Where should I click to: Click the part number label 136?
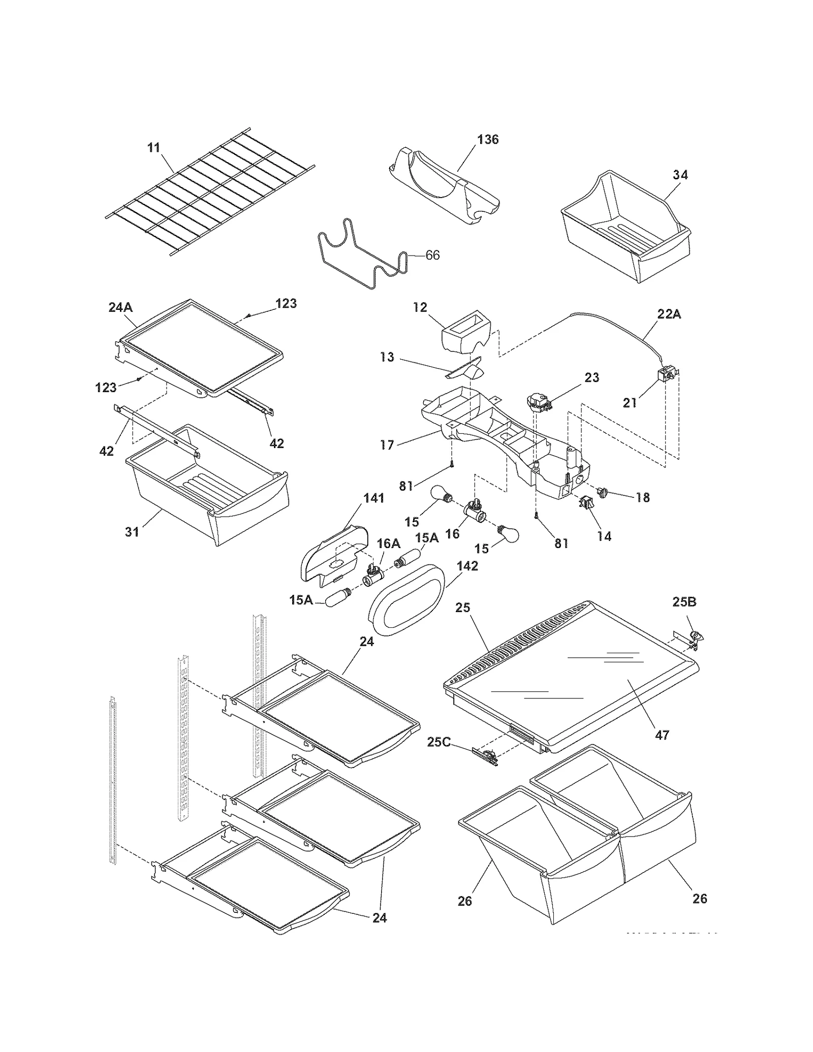(x=488, y=139)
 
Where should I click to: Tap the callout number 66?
(x=432, y=255)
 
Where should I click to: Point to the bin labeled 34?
(x=625, y=229)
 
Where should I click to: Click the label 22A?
(x=669, y=314)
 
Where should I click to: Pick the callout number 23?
(x=592, y=377)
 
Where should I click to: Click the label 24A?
(x=120, y=307)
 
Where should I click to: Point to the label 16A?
(x=388, y=544)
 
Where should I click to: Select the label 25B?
(x=684, y=602)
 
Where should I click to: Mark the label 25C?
(x=439, y=742)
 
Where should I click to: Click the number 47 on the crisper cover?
(x=662, y=735)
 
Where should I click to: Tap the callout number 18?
(x=643, y=498)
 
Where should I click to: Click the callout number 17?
(x=387, y=445)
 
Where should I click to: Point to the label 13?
(x=387, y=357)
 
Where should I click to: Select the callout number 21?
(x=630, y=403)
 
